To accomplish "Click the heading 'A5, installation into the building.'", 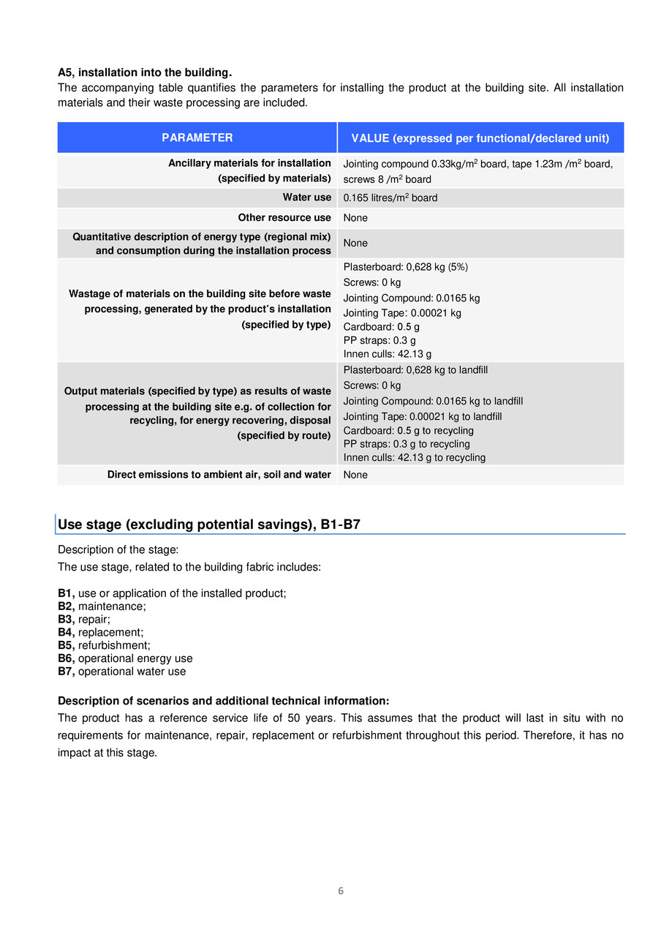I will (145, 72).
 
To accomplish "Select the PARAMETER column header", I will (197, 138).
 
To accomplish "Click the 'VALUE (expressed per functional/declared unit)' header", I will (480, 138).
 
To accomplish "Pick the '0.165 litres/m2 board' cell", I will (390, 198).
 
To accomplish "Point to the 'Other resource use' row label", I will (284, 218).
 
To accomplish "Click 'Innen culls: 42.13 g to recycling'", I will (414, 458).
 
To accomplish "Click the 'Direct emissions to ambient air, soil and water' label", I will (219, 475).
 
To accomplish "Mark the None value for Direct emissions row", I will (355, 475).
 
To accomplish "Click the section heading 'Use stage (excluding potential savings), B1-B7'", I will (209, 525).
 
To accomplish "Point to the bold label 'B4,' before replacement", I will (67, 632).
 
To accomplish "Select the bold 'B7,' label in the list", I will (67, 672).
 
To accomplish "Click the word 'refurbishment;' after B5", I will (114, 645).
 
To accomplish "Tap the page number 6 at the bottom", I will (341, 891).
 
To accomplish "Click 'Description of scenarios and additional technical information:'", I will (223, 701).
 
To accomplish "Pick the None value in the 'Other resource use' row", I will (355, 218).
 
